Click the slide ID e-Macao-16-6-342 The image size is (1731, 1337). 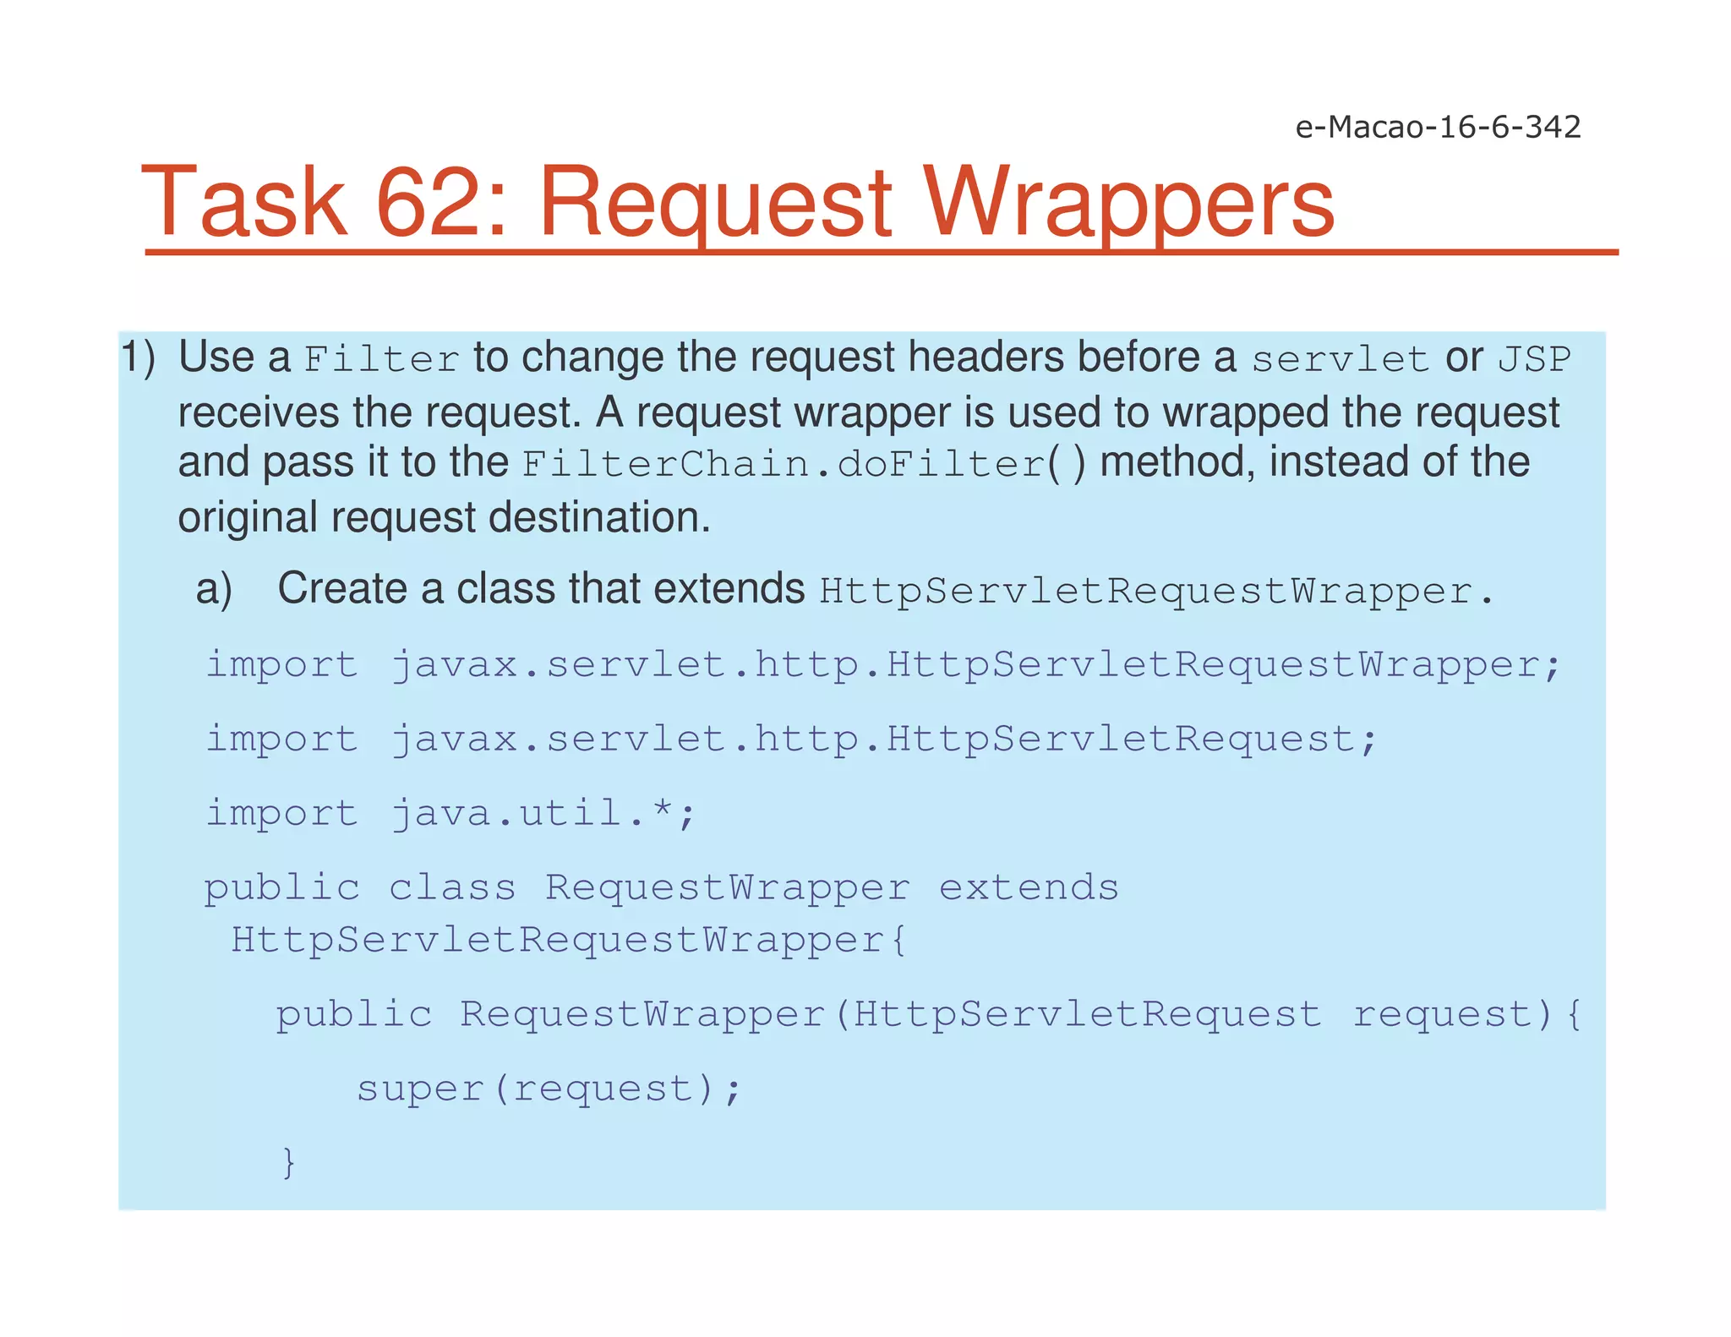click(x=1438, y=128)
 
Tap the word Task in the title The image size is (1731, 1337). click(x=245, y=203)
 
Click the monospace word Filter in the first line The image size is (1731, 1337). click(x=382, y=360)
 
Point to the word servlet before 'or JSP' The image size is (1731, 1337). click(x=1340, y=360)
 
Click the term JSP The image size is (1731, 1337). click(x=1534, y=360)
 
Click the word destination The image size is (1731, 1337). click(x=599, y=517)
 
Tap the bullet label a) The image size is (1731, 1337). click(x=214, y=589)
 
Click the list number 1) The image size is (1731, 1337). click(x=138, y=357)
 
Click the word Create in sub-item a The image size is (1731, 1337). click(x=342, y=588)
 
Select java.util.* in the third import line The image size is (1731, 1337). click(x=542, y=813)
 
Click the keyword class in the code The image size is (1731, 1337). click(x=452, y=887)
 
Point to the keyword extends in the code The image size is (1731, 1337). click(x=1029, y=887)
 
